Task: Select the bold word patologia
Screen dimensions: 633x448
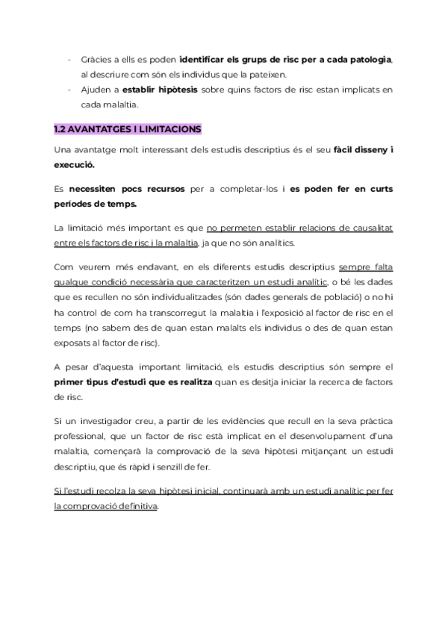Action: (366, 59)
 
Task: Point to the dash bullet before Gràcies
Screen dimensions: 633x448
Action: (69, 59)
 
